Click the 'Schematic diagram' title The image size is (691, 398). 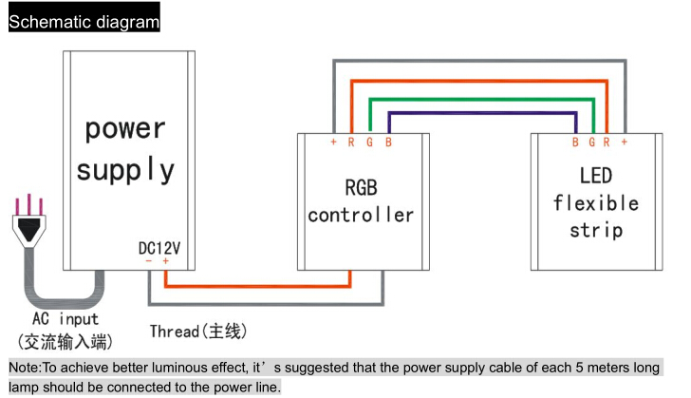[x=84, y=22]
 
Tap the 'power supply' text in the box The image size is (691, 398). [x=125, y=149]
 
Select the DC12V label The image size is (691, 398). [x=159, y=249]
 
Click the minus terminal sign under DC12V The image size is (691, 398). [x=148, y=261]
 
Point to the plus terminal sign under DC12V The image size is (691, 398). [x=166, y=261]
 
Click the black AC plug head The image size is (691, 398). [x=29, y=229]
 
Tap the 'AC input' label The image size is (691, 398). [x=65, y=318]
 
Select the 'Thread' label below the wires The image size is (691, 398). [x=174, y=331]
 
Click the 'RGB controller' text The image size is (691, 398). [x=361, y=201]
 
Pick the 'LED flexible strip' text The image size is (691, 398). [x=596, y=203]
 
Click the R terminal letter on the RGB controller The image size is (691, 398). [x=351, y=142]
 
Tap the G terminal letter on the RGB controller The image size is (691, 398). [x=370, y=142]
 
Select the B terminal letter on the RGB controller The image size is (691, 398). [x=388, y=142]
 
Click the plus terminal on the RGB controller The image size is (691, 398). [x=333, y=142]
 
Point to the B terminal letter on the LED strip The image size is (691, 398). [x=575, y=142]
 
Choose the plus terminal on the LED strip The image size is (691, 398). [x=625, y=142]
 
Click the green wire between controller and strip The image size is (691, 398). [x=481, y=100]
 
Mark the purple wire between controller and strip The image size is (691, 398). [x=482, y=113]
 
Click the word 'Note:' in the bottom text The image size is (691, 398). [x=25, y=368]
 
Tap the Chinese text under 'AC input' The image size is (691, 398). [x=65, y=342]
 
